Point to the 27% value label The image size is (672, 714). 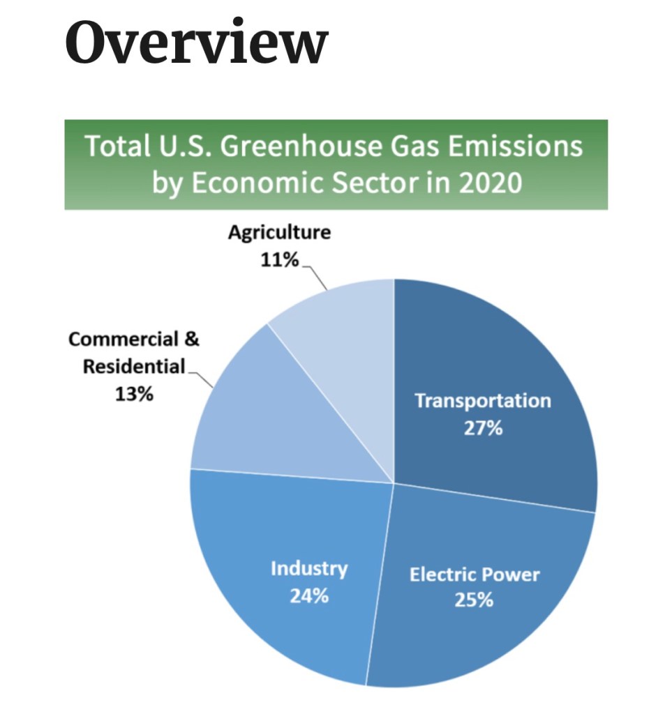coord(483,427)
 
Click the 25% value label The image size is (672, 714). coord(474,599)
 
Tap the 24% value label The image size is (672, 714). coord(309,596)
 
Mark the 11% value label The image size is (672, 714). coord(280,261)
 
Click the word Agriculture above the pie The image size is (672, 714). coord(279,232)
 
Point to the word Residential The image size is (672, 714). coord(134,366)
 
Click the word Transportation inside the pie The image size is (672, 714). coord(482,401)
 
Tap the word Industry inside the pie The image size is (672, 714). coord(308,568)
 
